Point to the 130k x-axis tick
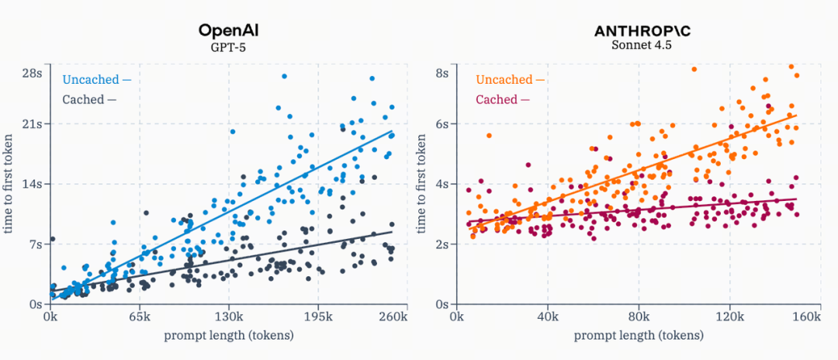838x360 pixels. coord(228,317)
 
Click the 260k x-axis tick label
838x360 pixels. coord(393,317)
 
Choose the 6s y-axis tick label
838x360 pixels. coord(441,124)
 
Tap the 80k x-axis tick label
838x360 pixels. coord(639,317)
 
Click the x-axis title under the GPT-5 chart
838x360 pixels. coord(228,335)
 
